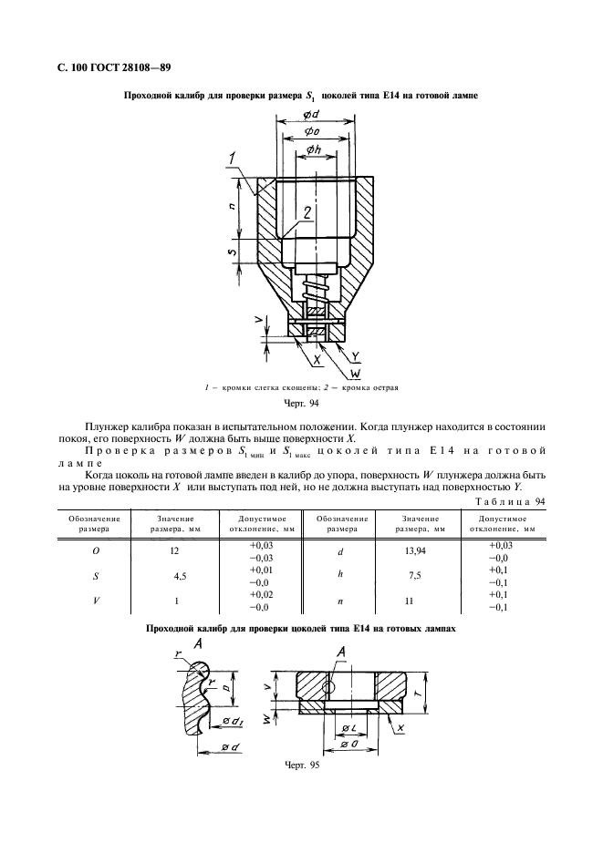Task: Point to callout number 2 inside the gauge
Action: [308, 212]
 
